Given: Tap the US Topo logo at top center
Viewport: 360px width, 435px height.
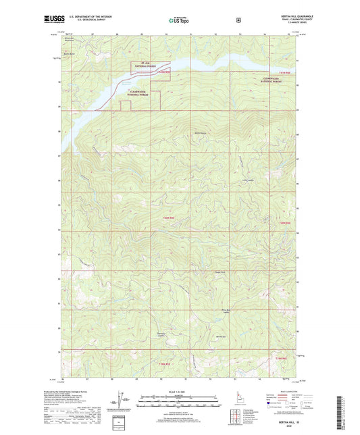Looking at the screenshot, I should coord(179,21).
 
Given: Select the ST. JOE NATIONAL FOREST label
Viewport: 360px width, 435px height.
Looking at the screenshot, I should coord(141,66).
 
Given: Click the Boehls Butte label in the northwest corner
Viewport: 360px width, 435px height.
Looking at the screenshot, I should coord(68,53).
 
